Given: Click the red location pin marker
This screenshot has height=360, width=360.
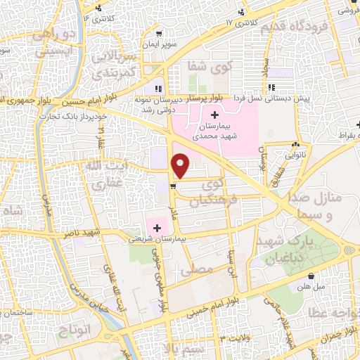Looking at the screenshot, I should tap(181, 166).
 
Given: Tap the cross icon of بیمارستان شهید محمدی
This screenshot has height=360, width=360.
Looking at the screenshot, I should tap(214, 115).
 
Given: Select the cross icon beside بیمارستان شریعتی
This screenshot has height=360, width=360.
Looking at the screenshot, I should tap(157, 228).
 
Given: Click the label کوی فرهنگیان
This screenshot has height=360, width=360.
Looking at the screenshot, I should tap(215, 190).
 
